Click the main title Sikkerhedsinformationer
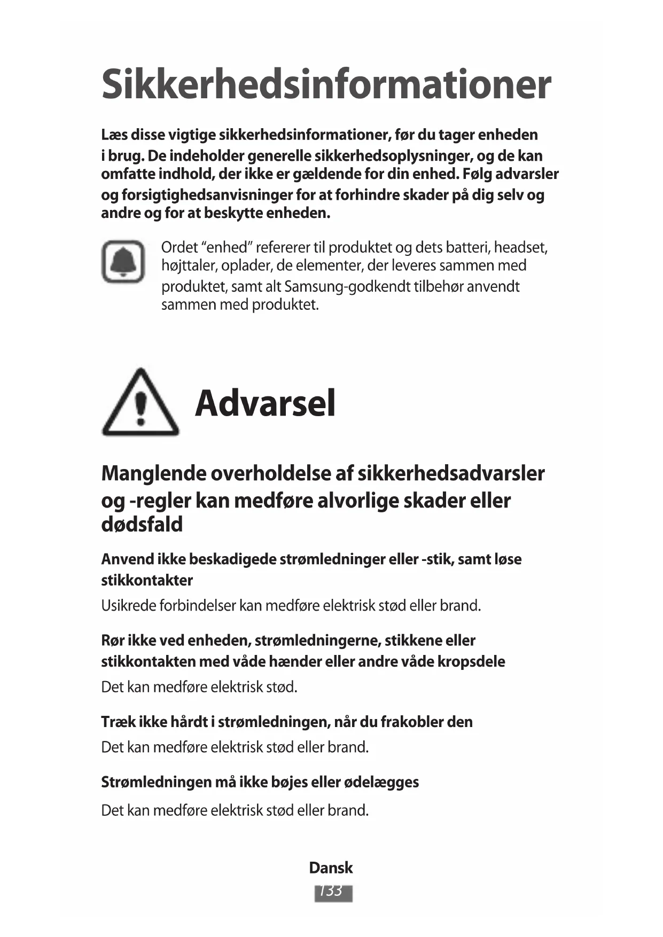[x=326, y=84]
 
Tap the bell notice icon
[x=123, y=261]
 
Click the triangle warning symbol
[x=140, y=403]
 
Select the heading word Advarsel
[x=265, y=403]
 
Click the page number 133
[x=333, y=892]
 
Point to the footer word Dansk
[x=331, y=868]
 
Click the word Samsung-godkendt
[x=347, y=287]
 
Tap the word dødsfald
[x=142, y=525]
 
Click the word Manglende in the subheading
[x=154, y=474]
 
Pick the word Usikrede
[x=128, y=606]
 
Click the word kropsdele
[x=471, y=662]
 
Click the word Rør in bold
[x=113, y=641]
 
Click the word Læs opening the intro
[x=114, y=135]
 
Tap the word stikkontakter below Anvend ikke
[x=147, y=581]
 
